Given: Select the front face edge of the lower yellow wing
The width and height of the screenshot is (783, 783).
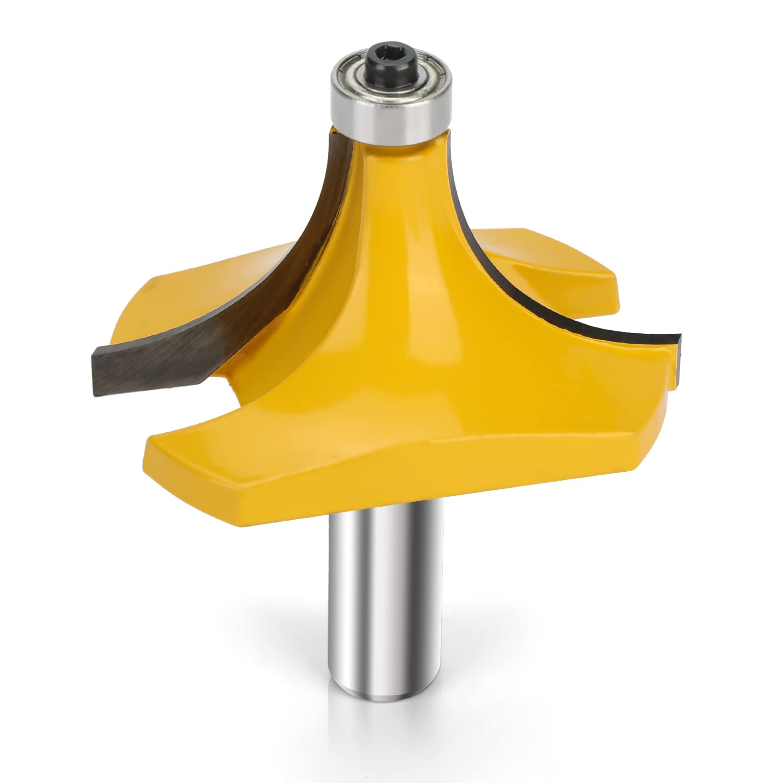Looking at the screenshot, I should [x=391, y=484].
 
